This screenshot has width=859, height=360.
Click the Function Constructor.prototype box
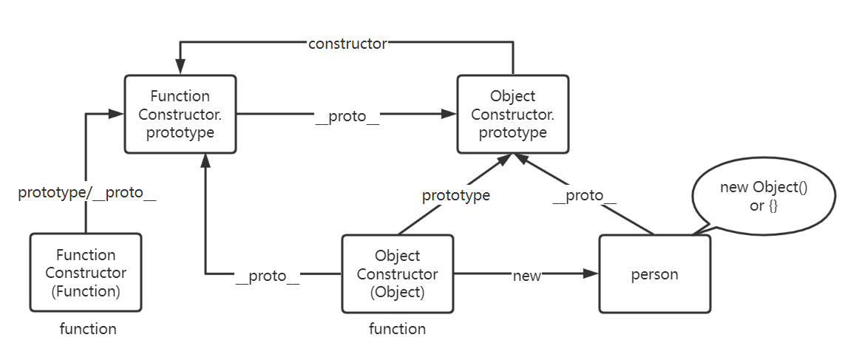tap(181, 114)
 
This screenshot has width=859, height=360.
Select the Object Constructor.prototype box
tap(513, 114)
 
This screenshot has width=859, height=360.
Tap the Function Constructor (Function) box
tap(86, 272)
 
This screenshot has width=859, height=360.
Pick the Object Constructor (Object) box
tap(398, 274)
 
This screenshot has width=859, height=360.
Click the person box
tap(655, 274)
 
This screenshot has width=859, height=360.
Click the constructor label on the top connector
tap(347, 44)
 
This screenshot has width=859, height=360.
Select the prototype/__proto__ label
tap(87, 194)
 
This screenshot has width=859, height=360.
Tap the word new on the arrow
tap(527, 276)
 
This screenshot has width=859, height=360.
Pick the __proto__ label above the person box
tap(585, 196)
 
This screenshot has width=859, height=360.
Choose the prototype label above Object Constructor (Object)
tap(456, 196)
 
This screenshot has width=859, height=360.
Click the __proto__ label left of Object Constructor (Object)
tap(268, 276)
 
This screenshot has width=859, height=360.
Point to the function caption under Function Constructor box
tap(88, 329)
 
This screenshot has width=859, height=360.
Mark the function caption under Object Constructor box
tap(397, 329)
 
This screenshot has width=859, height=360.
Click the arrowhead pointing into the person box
tap(591, 274)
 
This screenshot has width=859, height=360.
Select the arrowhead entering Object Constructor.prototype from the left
tap(449, 114)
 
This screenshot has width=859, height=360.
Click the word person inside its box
tap(655, 274)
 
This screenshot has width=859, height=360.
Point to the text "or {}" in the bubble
tap(764, 207)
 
